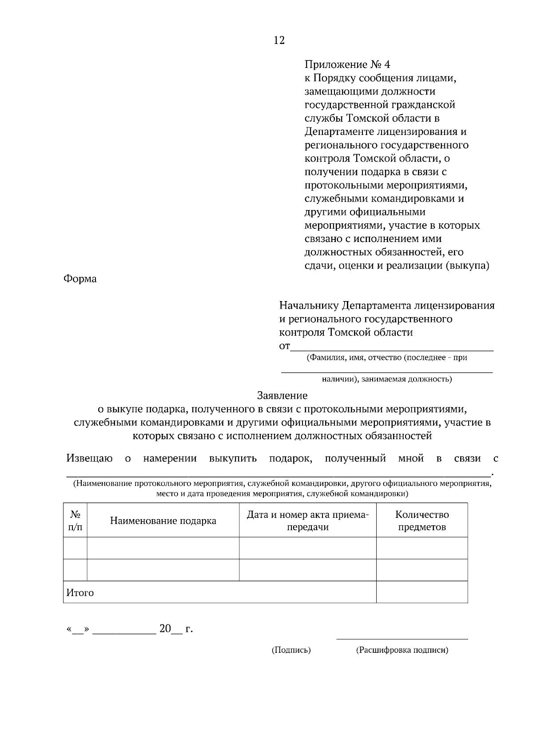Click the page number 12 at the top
279,40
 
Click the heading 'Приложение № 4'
347,65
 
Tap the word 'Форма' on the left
80,279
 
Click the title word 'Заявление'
282,395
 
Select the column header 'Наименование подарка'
163,520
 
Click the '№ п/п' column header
75,520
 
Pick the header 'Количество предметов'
422,520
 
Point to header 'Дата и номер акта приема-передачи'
308,520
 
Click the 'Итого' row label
80,593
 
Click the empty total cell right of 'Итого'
422,592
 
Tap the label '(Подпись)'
291,650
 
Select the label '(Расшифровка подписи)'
402,650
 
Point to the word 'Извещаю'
89,458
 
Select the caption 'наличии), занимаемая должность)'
386,379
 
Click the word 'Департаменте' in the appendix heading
338,132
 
